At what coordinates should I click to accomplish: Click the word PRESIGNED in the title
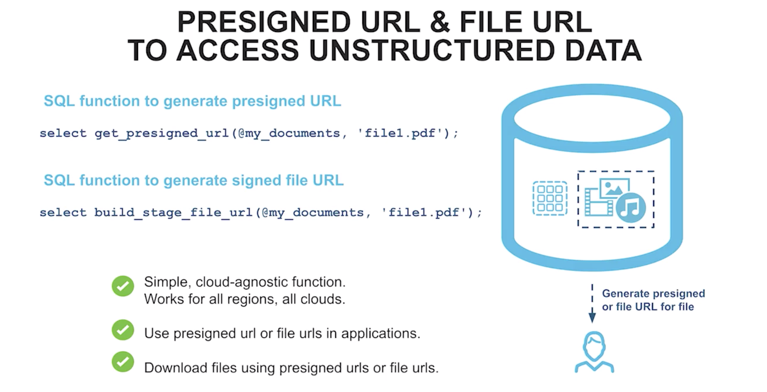[264, 22]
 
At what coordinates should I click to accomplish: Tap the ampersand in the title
[439, 22]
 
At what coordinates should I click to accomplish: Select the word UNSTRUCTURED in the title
[432, 51]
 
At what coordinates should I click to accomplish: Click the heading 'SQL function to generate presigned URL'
[192, 101]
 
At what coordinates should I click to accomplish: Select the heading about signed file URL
[194, 181]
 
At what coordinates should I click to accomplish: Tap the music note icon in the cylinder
[631, 207]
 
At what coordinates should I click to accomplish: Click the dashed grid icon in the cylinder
[550, 198]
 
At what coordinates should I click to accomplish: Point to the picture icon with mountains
[614, 188]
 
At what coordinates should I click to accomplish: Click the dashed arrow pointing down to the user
[592, 303]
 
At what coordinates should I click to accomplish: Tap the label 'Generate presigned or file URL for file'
[653, 300]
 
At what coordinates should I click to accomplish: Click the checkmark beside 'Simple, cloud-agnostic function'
[123, 286]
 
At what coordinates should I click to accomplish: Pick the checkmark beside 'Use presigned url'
[123, 330]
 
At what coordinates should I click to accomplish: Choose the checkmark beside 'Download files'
[123, 361]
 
